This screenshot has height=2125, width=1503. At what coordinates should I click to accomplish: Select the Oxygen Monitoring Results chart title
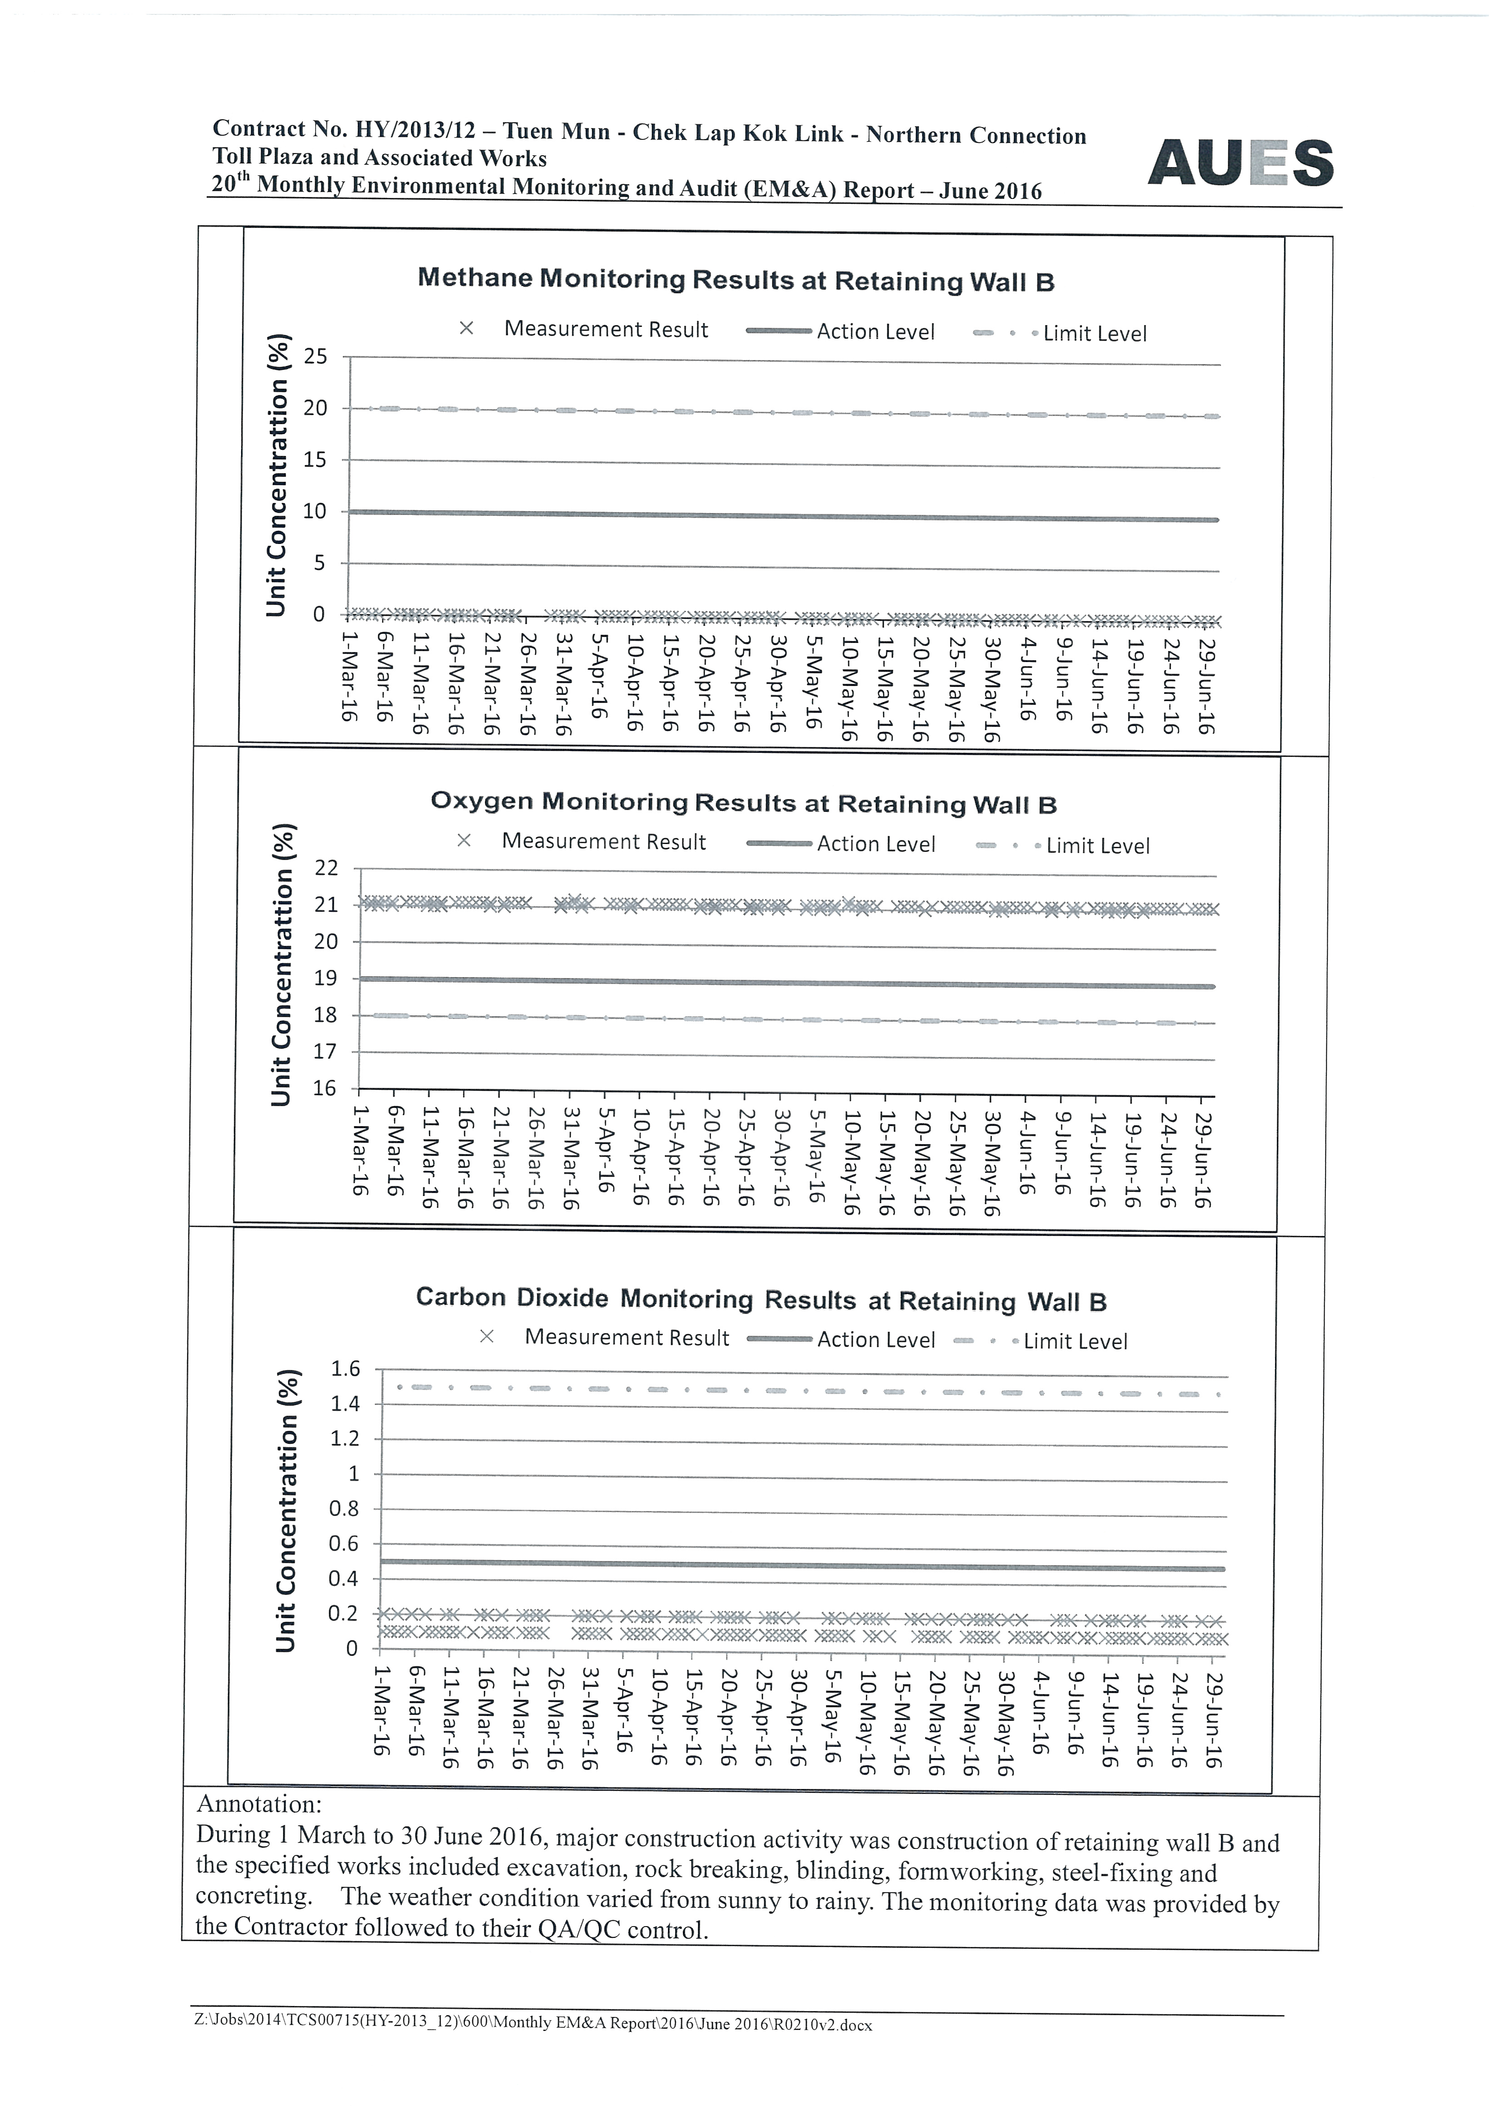[x=743, y=802]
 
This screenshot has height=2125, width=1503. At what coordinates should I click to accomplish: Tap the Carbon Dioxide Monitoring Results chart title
[x=761, y=1300]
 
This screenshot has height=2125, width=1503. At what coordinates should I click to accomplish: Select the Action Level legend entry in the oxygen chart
[x=875, y=844]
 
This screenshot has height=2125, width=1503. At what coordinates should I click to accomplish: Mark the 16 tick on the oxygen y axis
[x=325, y=1088]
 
